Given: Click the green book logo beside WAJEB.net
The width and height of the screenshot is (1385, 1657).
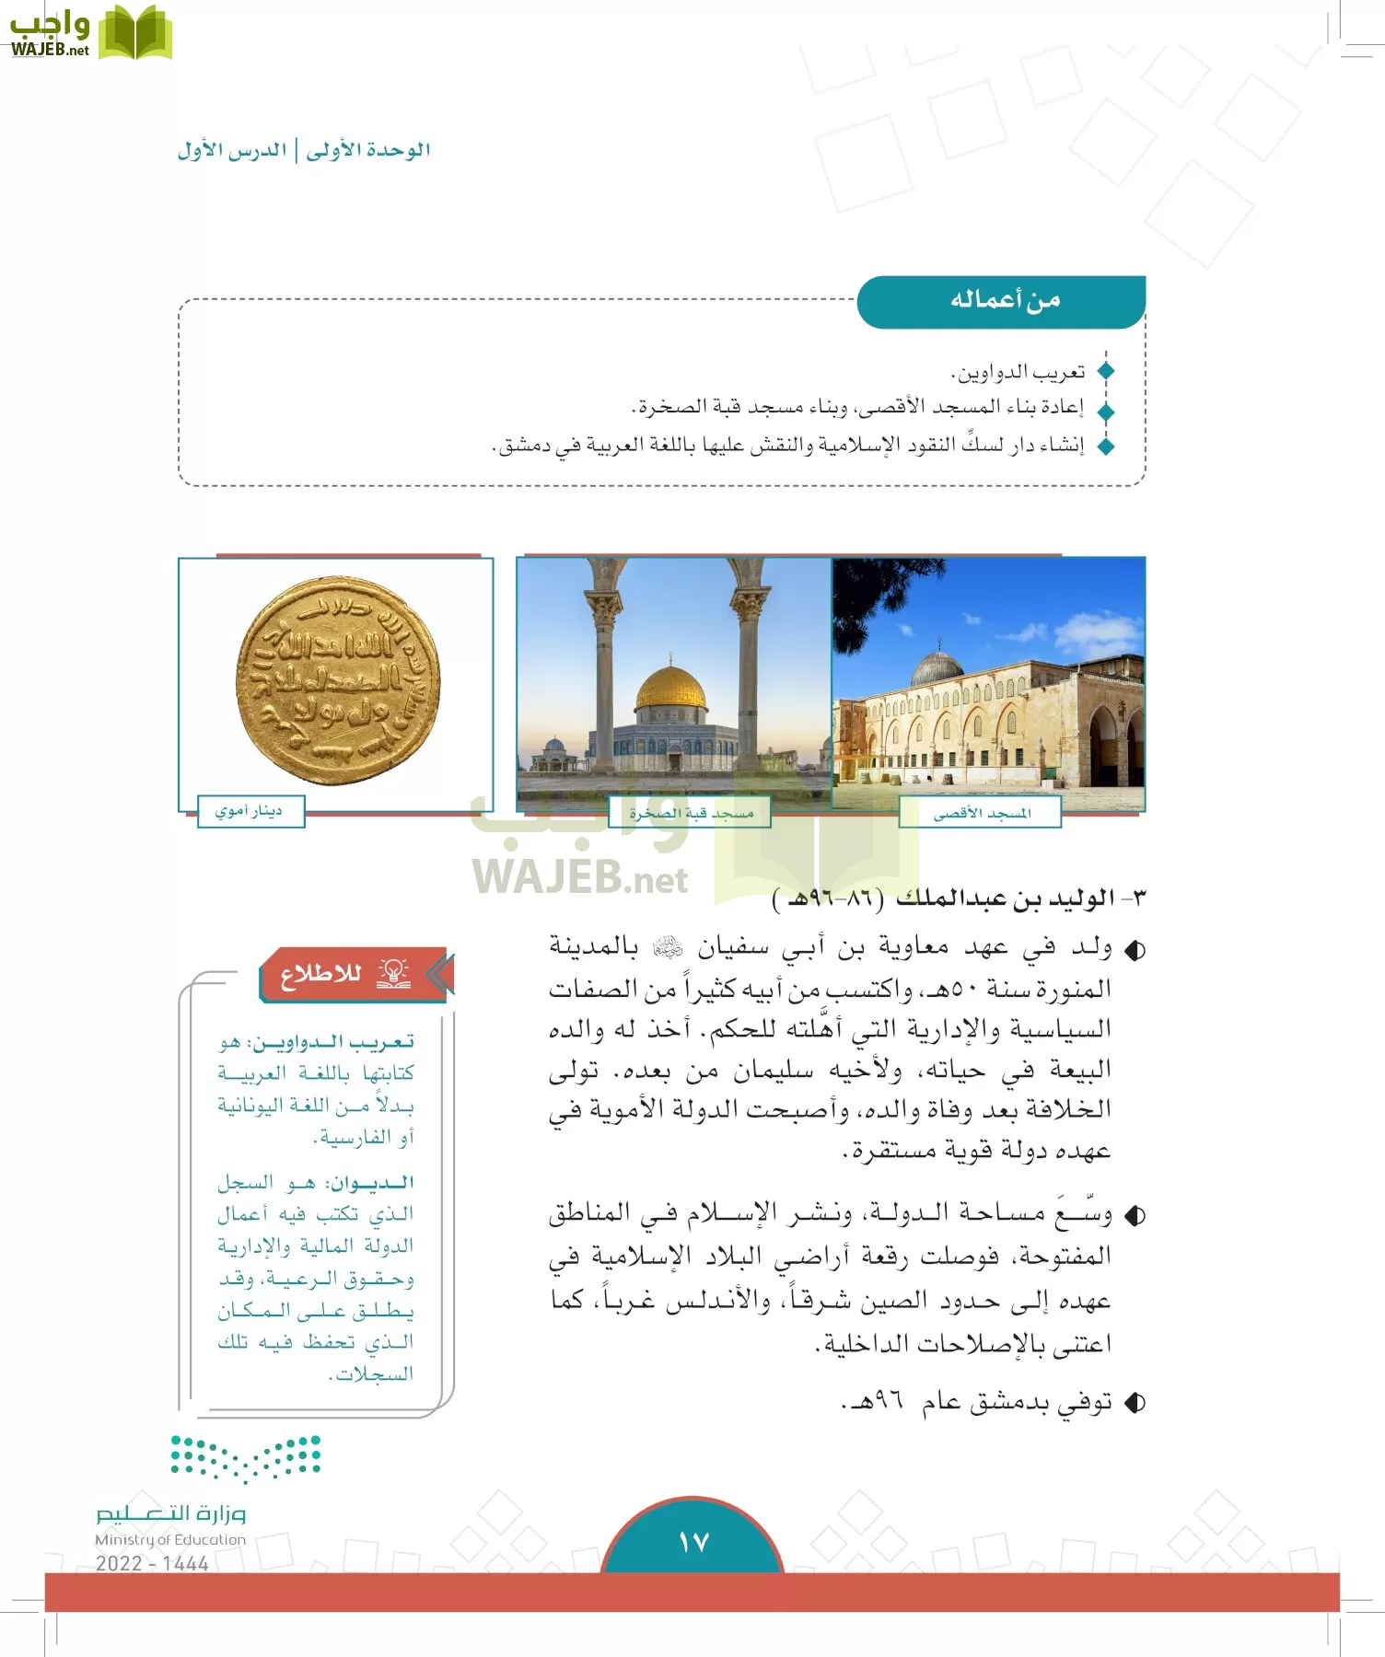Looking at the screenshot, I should (x=134, y=33).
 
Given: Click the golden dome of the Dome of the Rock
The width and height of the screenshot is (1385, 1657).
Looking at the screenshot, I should (x=670, y=689).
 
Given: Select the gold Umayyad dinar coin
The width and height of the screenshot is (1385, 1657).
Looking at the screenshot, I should (x=338, y=680).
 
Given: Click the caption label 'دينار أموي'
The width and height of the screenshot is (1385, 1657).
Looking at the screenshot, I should (x=250, y=811).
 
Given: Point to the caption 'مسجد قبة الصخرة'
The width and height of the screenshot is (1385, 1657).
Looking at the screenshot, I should (x=691, y=813).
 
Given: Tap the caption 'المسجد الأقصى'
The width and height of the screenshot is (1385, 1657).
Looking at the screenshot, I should (x=982, y=813).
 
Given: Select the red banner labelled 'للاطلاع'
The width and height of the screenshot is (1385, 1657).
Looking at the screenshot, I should (x=355, y=974).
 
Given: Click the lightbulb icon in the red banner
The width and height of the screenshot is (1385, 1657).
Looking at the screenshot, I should (x=393, y=973).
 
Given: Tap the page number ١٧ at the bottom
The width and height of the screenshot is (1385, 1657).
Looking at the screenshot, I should (x=692, y=1541).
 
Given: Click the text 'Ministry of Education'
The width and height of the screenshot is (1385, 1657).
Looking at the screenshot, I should (x=170, y=1539).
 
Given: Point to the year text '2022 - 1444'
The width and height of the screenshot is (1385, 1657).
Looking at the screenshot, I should (x=152, y=1563).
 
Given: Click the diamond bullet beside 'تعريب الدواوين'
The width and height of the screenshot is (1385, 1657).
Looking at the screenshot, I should (x=1106, y=372).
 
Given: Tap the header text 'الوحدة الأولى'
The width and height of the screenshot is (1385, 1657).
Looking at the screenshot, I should (x=368, y=150).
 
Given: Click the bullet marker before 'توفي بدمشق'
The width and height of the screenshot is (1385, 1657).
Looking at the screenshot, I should (x=1135, y=1403).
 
